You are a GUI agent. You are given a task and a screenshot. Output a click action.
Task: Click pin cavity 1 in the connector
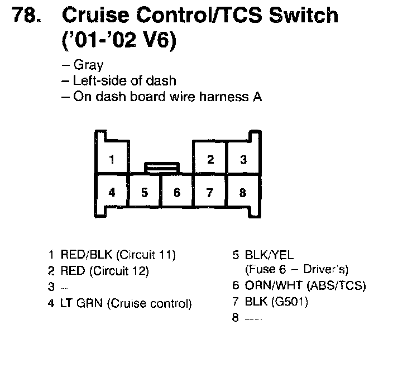pyautogui.click(x=112, y=160)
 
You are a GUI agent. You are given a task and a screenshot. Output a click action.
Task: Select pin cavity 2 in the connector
pyautogui.click(x=210, y=160)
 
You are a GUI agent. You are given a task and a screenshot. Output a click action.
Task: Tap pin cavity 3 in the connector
pyautogui.click(x=243, y=160)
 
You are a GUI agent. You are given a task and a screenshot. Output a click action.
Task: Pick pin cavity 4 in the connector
pyautogui.click(x=112, y=193)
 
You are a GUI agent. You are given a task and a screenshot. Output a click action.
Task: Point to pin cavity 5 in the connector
pyautogui.click(x=145, y=193)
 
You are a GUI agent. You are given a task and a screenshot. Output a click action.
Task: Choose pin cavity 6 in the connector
pyautogui.click(x=177, y=193)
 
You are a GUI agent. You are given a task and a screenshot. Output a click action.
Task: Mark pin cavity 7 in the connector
pyautogui.click(x=210, y=193)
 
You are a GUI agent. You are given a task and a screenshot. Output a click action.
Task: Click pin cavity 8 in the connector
pyautogui.click(x=243, y=193)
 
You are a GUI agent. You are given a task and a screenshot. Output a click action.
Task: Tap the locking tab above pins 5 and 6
pyautogui.click(x=161, y=167)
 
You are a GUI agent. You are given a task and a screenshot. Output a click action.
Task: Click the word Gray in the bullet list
pyautogui.click(x=88, y=65)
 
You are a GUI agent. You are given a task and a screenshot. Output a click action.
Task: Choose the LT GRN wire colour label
pyautogui.click(x=82, y=304)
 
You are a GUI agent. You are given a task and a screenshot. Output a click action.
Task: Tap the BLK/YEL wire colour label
pyautogui.click(x=269, y=255)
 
